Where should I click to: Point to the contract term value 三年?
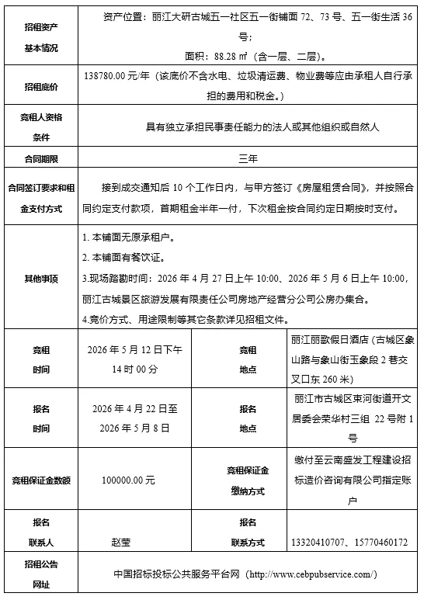[x=248, y=158]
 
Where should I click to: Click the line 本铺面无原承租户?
[x=128, y=236]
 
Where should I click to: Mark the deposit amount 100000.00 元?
[x=128, y=480]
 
